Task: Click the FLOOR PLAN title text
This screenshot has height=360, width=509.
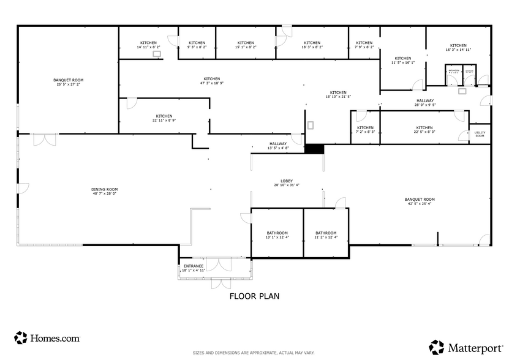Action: tap(254, 296)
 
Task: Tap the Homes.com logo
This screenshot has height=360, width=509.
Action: tap(47, 337)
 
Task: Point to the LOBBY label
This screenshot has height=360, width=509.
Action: tap(286, 181)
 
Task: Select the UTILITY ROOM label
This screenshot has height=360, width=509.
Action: tap(480, 134)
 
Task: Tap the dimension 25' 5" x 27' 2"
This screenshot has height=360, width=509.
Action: tap(68, 84)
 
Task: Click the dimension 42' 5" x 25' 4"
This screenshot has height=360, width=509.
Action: tap(420, 204)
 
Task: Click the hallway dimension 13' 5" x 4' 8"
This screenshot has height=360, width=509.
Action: tap(277, 148)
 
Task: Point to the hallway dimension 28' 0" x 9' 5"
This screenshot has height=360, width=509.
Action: tap(425, 105)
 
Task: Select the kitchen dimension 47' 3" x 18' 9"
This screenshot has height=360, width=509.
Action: tap(212, 83)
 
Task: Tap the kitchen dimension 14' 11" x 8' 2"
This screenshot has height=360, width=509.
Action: tap(148, 47)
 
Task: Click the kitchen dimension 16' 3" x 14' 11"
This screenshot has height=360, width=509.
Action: tap(458, 50)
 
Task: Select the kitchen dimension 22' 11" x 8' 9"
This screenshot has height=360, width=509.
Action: tap(164, 120)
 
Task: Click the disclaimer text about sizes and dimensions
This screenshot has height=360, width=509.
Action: tap(254, 353)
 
